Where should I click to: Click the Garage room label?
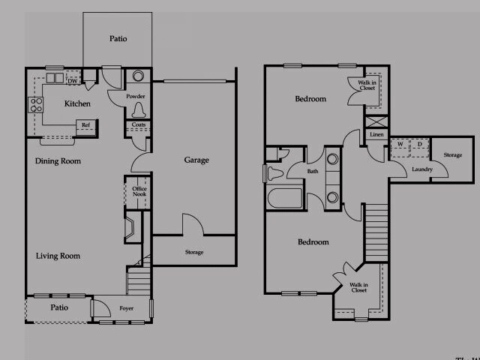tap(196, 160)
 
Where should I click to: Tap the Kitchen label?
tap(78, 103)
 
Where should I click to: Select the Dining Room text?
tap(58, 161)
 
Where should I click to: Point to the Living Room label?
tap(58, 256)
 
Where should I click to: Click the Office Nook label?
tap(139, 191)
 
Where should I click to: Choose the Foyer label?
tap(127, 308)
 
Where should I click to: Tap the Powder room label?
tap(136, 96)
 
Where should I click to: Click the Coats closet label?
tap(139, 124)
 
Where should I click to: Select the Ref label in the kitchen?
tap(85, 125)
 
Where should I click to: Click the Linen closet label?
tap(376, 134)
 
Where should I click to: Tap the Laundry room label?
tap(422, 169)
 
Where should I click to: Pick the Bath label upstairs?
tap(313, 171)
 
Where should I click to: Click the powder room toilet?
tap(137, 109)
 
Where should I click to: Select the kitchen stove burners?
tap(35, 105)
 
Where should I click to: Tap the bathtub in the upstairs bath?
tap(284, 198)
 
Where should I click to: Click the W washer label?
tap(400, 143)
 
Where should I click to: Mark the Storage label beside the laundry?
tap(452, 154)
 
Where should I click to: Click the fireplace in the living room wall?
tap(130, 227)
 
